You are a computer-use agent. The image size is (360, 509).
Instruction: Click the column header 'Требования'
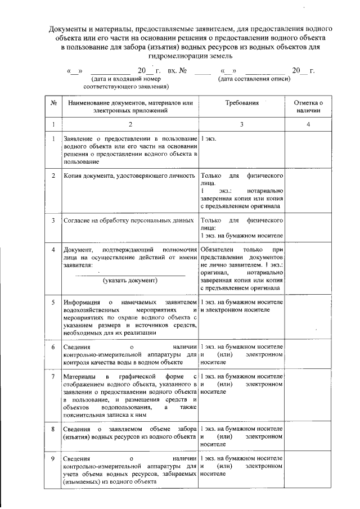click(242, 103)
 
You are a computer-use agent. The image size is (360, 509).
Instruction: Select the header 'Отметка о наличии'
click(308, 107)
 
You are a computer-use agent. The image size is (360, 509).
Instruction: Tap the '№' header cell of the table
click(52, 103)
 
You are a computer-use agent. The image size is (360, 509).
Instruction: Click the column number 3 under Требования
click(242, 124)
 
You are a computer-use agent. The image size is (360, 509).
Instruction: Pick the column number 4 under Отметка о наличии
click(308, 124)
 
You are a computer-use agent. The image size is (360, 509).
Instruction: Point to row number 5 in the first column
click(52, 302)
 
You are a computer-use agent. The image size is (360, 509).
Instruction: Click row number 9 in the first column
click(52, 459)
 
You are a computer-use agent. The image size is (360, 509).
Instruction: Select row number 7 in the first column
click(52, 375)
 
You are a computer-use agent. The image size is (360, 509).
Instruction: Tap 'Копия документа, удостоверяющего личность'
click(129, 176)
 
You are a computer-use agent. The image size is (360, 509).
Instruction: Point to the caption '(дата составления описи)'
click(255, 79)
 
